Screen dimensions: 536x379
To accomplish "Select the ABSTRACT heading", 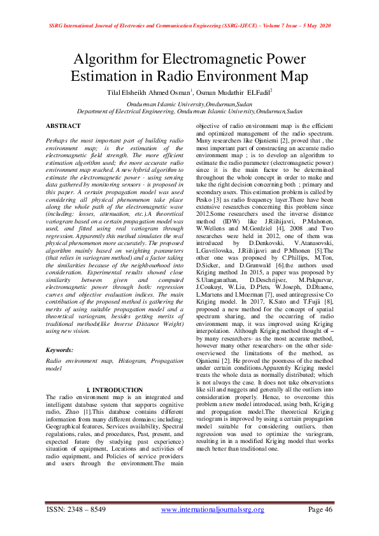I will [x=64, y=127].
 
